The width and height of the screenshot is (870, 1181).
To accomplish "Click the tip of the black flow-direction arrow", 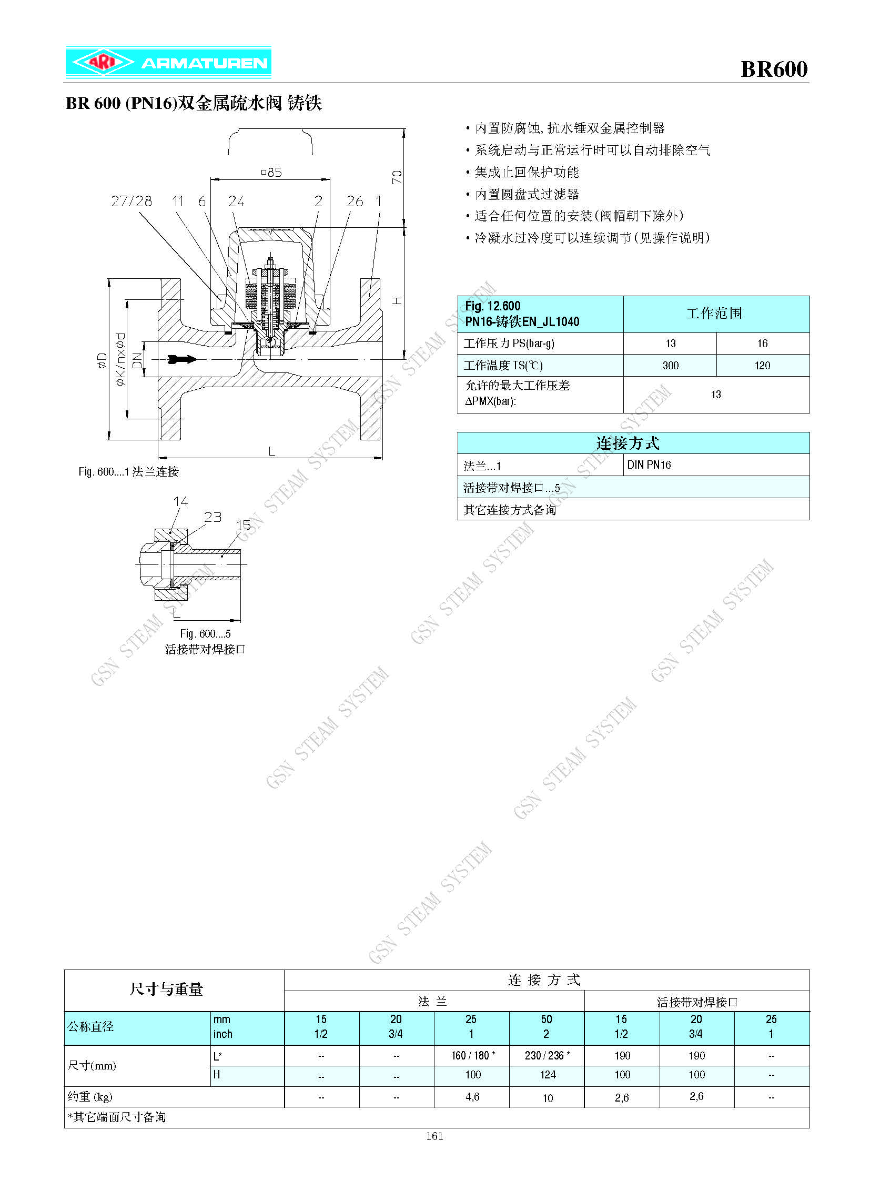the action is (197, 359).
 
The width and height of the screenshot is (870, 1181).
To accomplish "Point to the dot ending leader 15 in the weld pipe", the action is (222, 555).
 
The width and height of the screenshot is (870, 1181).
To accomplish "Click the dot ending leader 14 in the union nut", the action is (170, 532).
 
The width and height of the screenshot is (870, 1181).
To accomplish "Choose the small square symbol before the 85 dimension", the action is (264, 172).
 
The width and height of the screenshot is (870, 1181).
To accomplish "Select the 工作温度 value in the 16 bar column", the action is (762, 366).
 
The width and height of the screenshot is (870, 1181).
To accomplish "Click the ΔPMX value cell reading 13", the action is (716, 395).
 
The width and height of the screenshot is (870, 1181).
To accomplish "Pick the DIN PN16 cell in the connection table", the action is (649, 465).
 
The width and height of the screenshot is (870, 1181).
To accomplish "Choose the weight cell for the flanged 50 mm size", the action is (548, 1098).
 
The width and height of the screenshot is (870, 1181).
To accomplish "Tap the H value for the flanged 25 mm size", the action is (473, 1075).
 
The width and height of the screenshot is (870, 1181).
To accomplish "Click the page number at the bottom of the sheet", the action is (435, 1136).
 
